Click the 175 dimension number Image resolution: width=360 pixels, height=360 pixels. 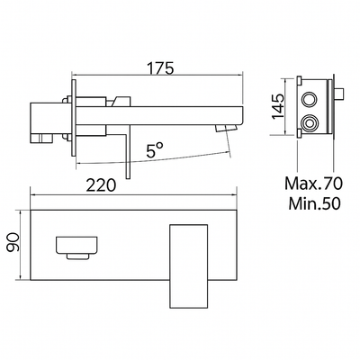pyautogui.click(x=158, y=67)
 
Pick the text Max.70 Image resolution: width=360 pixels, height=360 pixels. pyautogui.click(x=310, y=185)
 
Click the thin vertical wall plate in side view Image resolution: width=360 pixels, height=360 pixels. pyautogui.click(x=73, y=115)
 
